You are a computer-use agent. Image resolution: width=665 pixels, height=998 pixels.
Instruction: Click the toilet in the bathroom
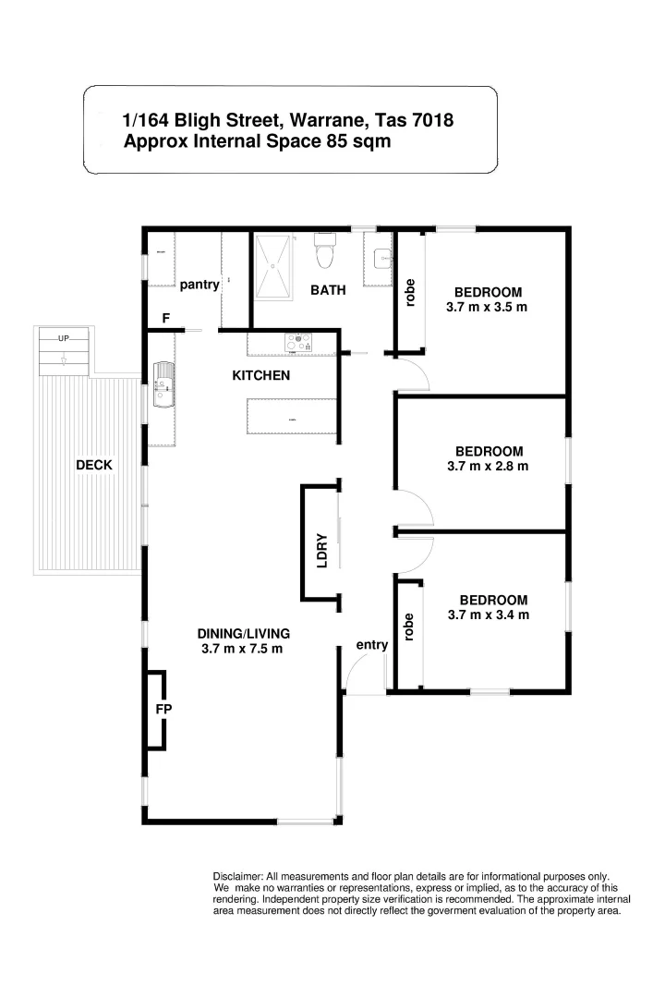(x=324, y=252)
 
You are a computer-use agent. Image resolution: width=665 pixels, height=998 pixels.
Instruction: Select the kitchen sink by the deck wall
(x=163, y=388)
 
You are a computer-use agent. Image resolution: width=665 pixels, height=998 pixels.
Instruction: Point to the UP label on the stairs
(x=64, y=338)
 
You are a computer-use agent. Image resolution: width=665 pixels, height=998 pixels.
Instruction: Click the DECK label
(x=94, y=465)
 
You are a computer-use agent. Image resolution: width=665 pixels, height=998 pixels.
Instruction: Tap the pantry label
(x=199, y=285)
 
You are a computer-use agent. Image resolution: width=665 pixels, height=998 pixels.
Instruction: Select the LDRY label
(x=322, y=550)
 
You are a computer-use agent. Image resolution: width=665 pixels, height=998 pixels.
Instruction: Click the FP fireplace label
(x=164, y=709)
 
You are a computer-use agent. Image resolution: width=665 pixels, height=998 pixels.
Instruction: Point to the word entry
(x=371, y=645)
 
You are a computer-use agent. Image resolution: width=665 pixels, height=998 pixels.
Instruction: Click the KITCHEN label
(x=260, y=375)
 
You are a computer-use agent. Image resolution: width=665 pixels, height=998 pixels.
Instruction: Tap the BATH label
(x=328, y=290)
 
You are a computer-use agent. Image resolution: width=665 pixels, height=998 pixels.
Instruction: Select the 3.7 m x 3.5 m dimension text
(x=487, y=307)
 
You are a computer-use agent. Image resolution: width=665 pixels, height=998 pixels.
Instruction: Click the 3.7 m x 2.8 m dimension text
(x=487, y=467)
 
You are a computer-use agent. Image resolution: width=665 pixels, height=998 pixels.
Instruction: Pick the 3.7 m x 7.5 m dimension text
(x=242, y=649)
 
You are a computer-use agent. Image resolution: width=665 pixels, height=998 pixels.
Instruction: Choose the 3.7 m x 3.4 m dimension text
(x=488, y=615)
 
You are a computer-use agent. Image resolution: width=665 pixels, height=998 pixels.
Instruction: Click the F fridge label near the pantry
(x=166, y=319)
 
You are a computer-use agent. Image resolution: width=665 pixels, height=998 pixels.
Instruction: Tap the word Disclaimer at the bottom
(x=237, y=876)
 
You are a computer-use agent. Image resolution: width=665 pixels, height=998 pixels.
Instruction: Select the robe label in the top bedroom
(x=411, y=292)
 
